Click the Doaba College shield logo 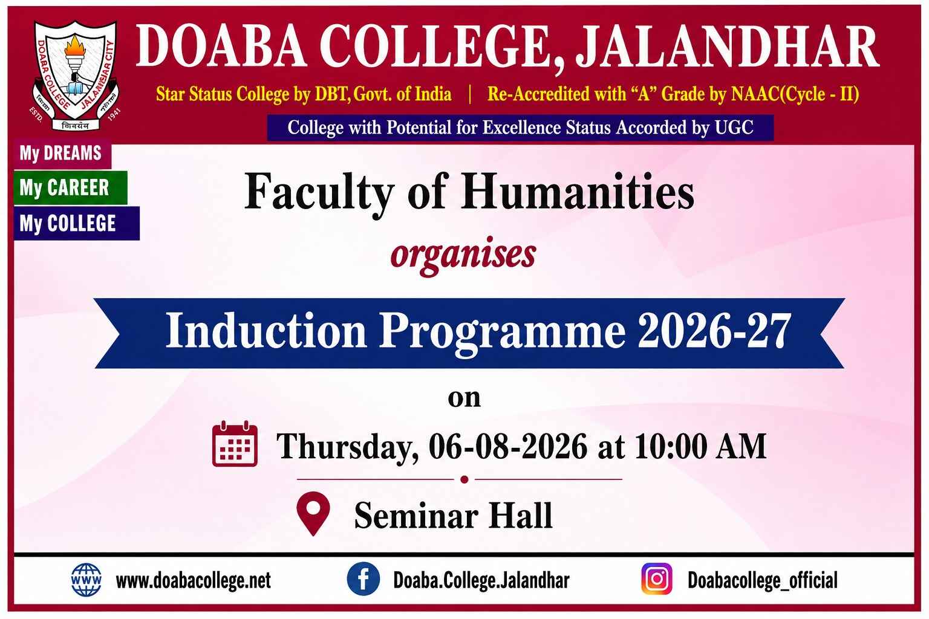(76, 76)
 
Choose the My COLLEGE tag (77, 223)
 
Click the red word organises (463, 255)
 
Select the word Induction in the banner (266, 331)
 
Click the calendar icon (235, 444)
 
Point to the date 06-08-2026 (508, 447)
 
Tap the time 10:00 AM (700, 447)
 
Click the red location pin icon (313, 513)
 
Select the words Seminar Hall (453, 515)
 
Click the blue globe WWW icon (86, 580)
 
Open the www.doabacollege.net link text (194, 580)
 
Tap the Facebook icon (363, 579)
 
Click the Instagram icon (657, 578)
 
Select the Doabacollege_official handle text (763, 580)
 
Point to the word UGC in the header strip (734, 128)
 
